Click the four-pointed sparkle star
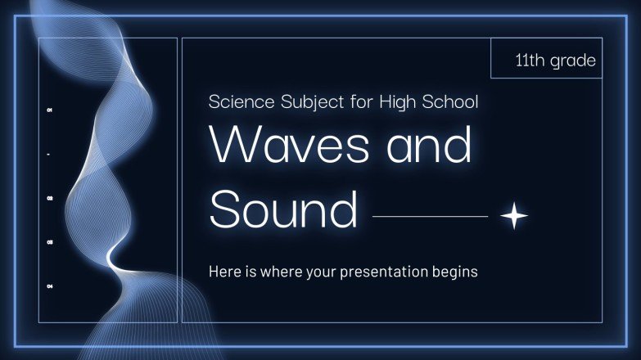click(x=514, y=216)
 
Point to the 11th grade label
click(x=555, y=60)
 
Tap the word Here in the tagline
click(x=225, y=271)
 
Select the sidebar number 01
click(x=50, y=110)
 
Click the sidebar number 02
click(x=50, y=198)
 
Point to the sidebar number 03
click(x=50, y=242)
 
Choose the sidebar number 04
click(x=50, y=286)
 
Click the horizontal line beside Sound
click(x=430, y=217)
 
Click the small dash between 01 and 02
click(x=50, y=154)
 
